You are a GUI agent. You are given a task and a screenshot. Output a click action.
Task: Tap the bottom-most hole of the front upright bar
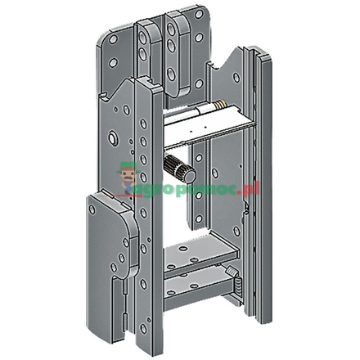(144, 327)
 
